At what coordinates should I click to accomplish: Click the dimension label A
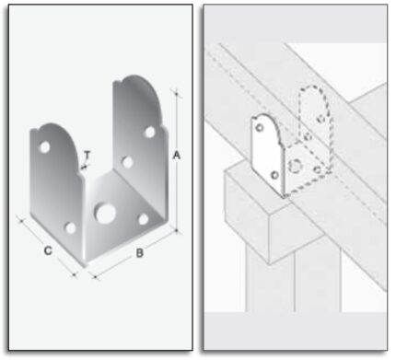tap(176, 156)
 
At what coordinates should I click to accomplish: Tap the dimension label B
tap(140, 253)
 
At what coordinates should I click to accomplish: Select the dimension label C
tap(48, 250)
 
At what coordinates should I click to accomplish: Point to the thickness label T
tap(87, 156)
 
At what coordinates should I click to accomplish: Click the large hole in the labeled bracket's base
tap(105, 213)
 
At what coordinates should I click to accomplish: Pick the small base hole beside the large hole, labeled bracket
tap(143, 219)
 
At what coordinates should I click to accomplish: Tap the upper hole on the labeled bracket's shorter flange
tap(44, 147)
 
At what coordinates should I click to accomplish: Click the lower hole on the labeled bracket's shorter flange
tap(71, 228)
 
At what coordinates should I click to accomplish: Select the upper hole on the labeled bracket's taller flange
tap(150, 132)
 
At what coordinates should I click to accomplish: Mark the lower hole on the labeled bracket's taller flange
tap(127, 162)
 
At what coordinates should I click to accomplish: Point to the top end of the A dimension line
tap(176, 92)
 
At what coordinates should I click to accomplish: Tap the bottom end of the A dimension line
tap(177, 230)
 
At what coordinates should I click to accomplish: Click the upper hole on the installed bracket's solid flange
tap(260, 127)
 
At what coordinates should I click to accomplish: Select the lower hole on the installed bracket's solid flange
tap(274, 175)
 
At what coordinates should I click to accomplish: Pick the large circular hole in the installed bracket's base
tap(295, 166)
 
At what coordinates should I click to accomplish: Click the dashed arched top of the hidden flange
tap(314, 87)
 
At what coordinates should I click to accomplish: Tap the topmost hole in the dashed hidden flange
tap(320, 119)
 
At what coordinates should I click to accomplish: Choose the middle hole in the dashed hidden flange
tap(308, 136)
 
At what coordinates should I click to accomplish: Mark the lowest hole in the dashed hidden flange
tap(318, 168)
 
